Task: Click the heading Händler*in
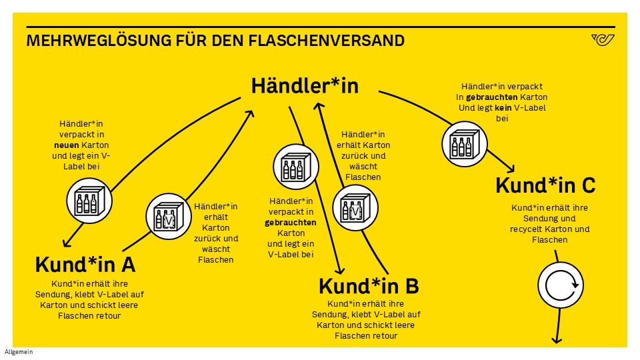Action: pyautogui.click(x=305, y=86)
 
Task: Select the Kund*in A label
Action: pyautogui.click(x=85, y=265)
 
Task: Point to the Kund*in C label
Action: pyautogui.click(x=545, y=185)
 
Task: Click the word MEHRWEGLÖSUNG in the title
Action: pyautogui.click(x=86, y=41)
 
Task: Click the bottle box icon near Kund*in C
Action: pyautogui.click(x=462, y=143)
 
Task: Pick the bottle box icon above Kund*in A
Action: pyautogui.click(x=88, y=201)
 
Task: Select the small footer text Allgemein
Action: pyautogui.click(x=18, y=352)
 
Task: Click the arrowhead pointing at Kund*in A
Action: pyautogui.click(x=65, y=241)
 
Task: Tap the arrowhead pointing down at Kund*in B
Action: pyautogui.click(x=339, y=270)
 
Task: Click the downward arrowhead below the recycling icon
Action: pyautogui.click(x=555, y=339)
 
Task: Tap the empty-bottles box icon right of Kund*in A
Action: pyautogui.click(x=166, y=215)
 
